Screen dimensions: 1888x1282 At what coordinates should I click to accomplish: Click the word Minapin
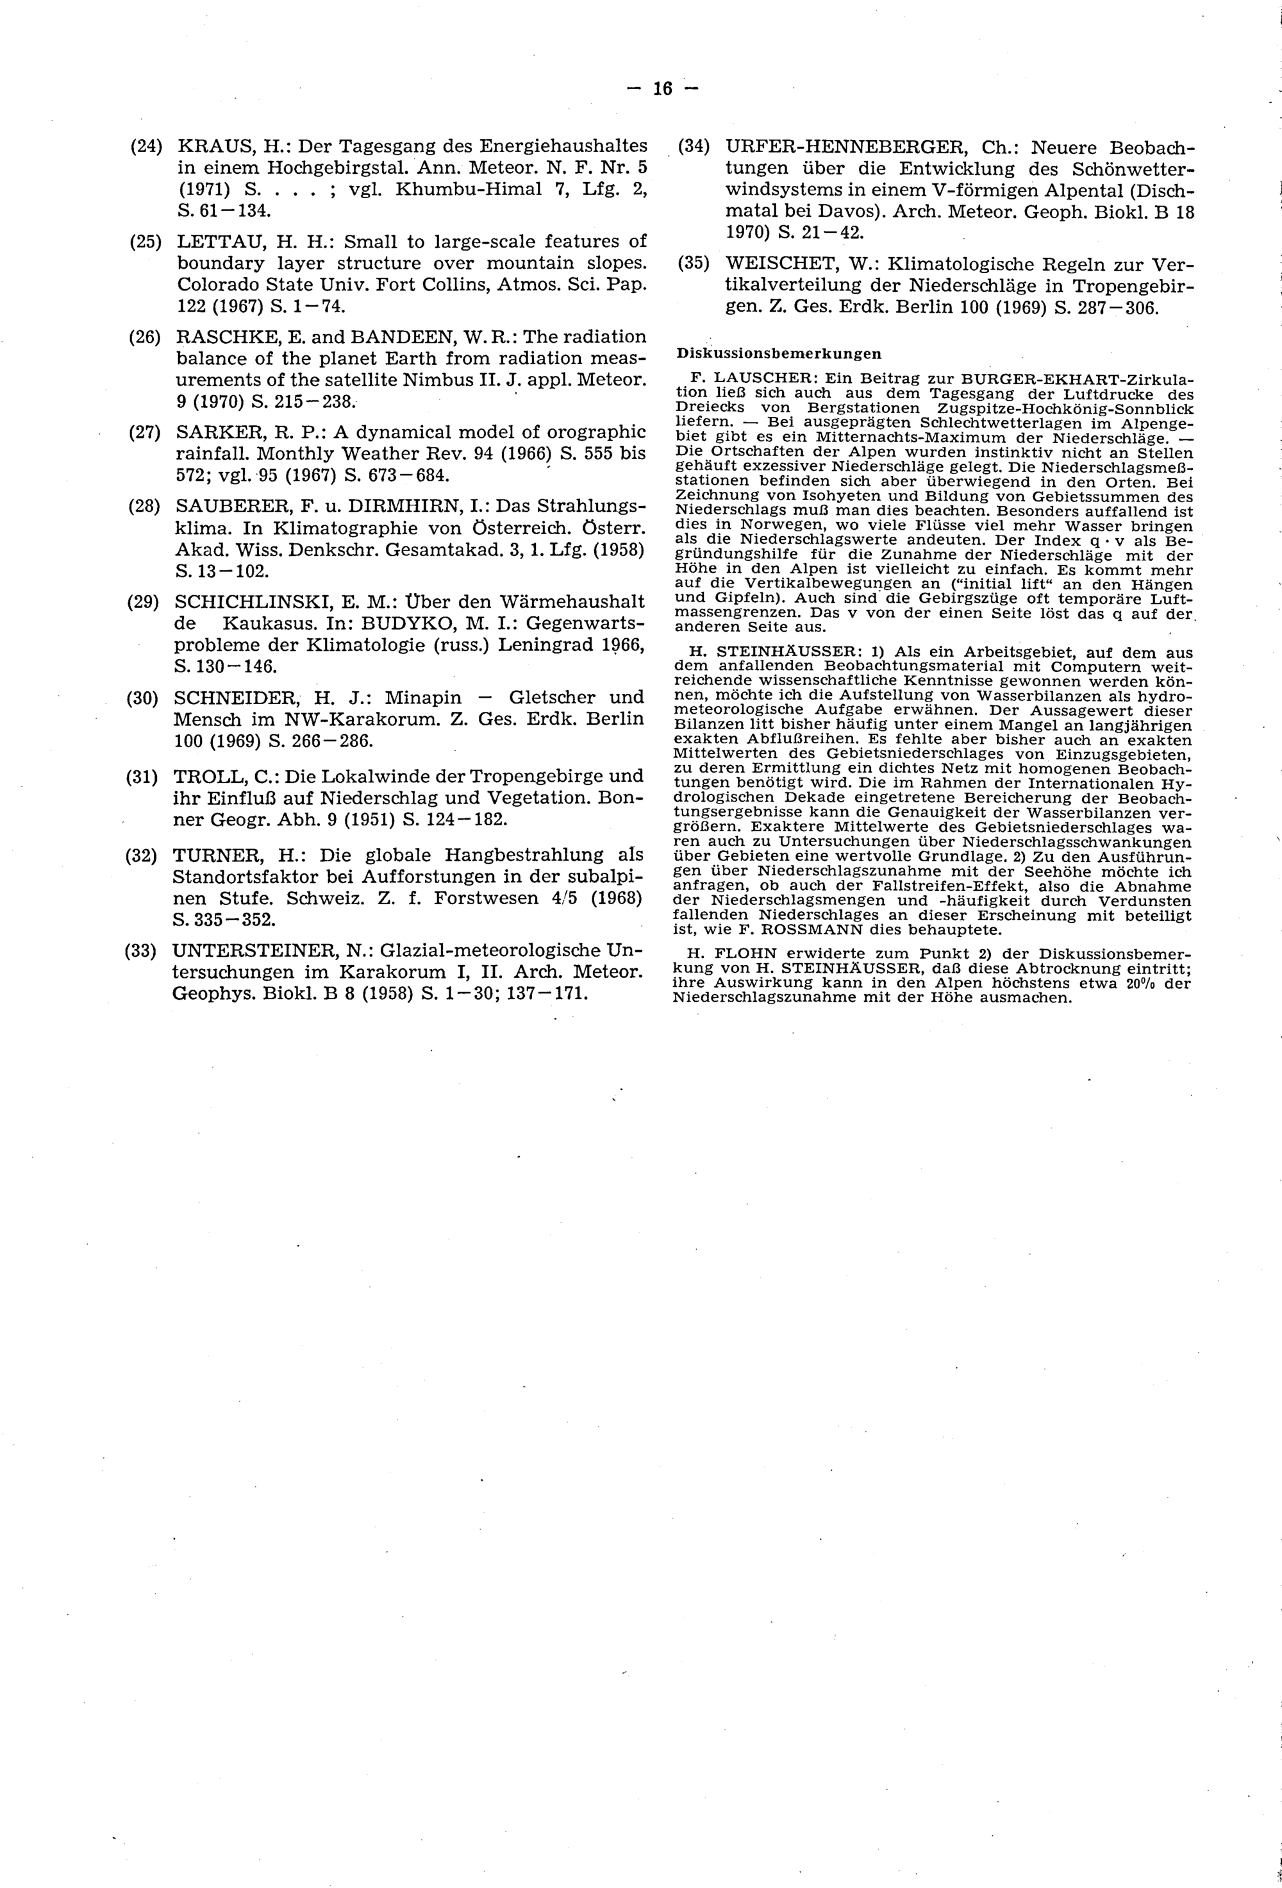[423, 697]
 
